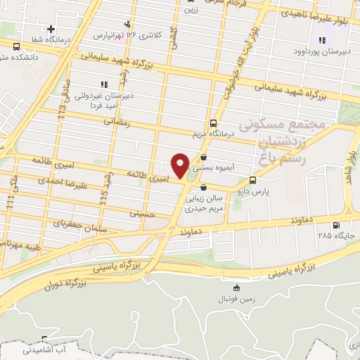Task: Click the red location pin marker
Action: pos(180,165)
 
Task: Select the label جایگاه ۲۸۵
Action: pos(336,236)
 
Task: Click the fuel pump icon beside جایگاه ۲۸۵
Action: pos(336,226)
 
